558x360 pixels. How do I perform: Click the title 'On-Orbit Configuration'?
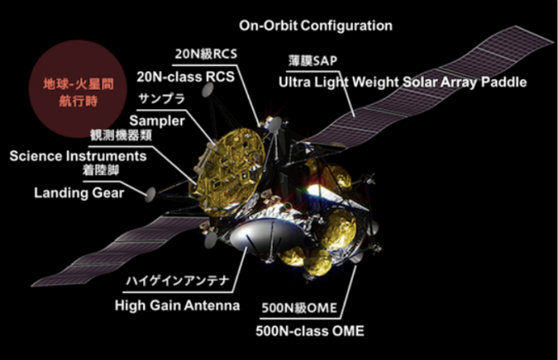[x=316, y=26]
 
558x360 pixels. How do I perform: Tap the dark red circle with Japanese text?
[x=78, y=89]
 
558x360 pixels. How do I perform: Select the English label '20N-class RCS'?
[x=185, y=76]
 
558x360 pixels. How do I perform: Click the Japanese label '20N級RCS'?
[x=206, y=54]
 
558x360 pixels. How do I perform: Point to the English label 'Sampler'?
[x=157, y=120]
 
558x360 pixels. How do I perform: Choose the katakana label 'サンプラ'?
[x=162, y=98]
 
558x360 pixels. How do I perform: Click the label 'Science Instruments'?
[x=78, y=156]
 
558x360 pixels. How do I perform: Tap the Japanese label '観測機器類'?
[x=121, y=135]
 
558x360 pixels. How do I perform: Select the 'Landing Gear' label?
[x=79, y=192]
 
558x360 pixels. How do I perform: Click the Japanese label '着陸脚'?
[x=100, y=170]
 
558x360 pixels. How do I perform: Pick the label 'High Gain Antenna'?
[x=177, y=306]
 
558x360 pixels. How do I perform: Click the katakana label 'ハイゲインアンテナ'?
[x=178, y=281]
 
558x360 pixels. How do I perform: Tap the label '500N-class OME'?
[x=310, y=331]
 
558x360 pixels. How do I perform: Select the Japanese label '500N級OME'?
[x=299, y=308]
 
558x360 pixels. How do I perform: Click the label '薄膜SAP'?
[x=312, y=61]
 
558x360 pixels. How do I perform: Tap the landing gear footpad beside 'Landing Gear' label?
[x=150, y=194]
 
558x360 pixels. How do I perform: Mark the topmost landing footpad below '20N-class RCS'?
[x=208, y=90]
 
